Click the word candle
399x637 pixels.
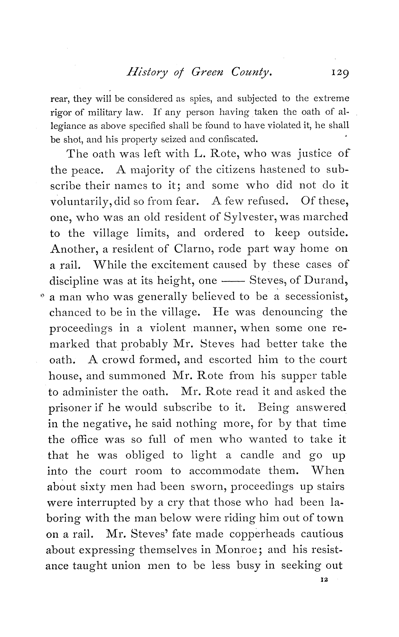[x=257, y=455]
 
